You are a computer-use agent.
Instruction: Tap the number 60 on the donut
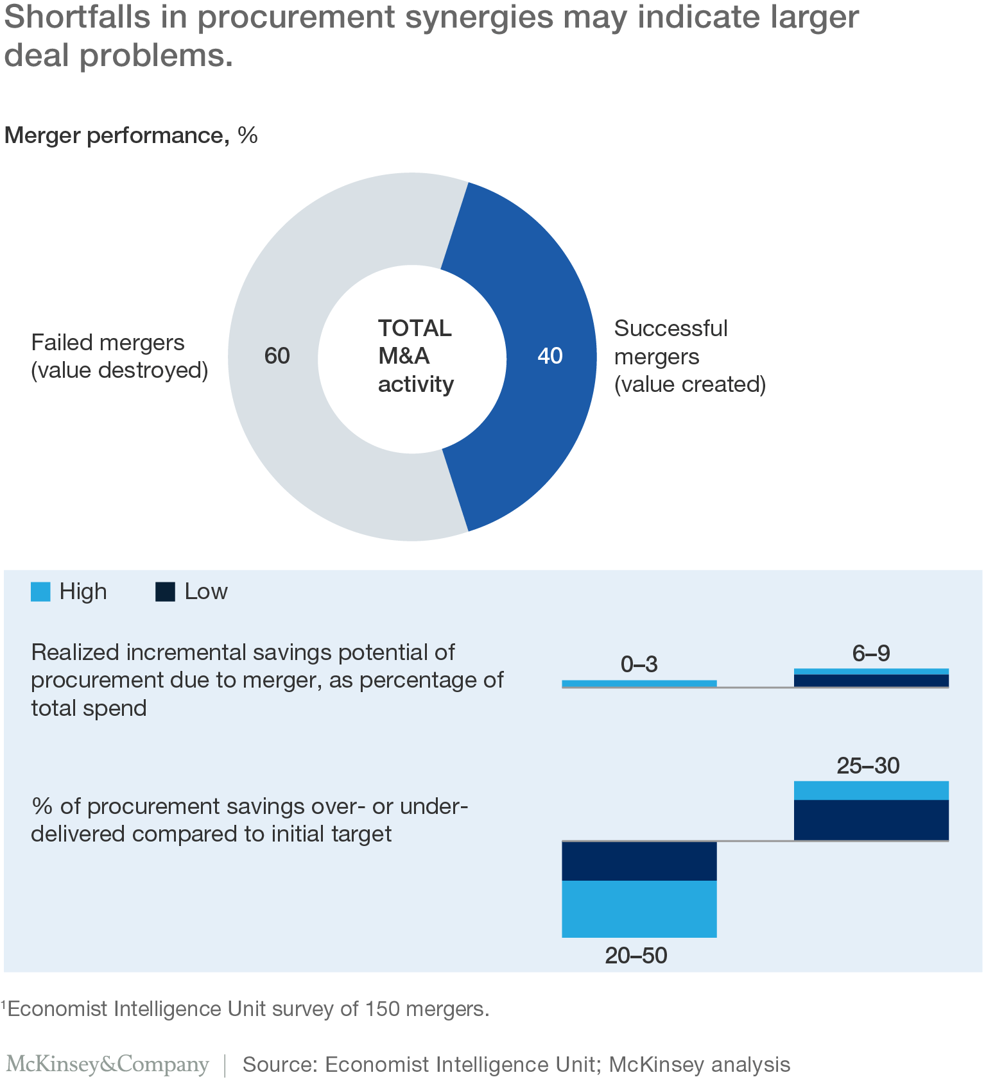coord(277,356)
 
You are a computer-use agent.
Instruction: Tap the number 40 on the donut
coord(549,356)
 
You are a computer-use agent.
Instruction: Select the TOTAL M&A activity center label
coord(415,356)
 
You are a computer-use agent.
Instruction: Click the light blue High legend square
coord(40,591)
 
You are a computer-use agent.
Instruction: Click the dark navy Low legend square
coord(165,591)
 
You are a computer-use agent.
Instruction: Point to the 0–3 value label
coord(639,665)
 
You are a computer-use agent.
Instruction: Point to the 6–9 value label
coord(870,654)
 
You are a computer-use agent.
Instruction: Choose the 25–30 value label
coord(868,766)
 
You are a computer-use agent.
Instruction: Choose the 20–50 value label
coord(636,956)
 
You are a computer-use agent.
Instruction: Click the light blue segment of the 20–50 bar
coord(639,909)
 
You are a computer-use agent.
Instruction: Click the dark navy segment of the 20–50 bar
coord(639,861)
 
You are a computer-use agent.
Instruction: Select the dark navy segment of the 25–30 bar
coord(870,820)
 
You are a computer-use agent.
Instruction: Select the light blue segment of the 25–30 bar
coord(870,790)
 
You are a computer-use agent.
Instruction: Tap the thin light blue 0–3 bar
coord(639,684)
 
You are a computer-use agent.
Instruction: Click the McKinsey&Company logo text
coord(107,1064)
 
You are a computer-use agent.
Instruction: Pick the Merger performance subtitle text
coord(116,135)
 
